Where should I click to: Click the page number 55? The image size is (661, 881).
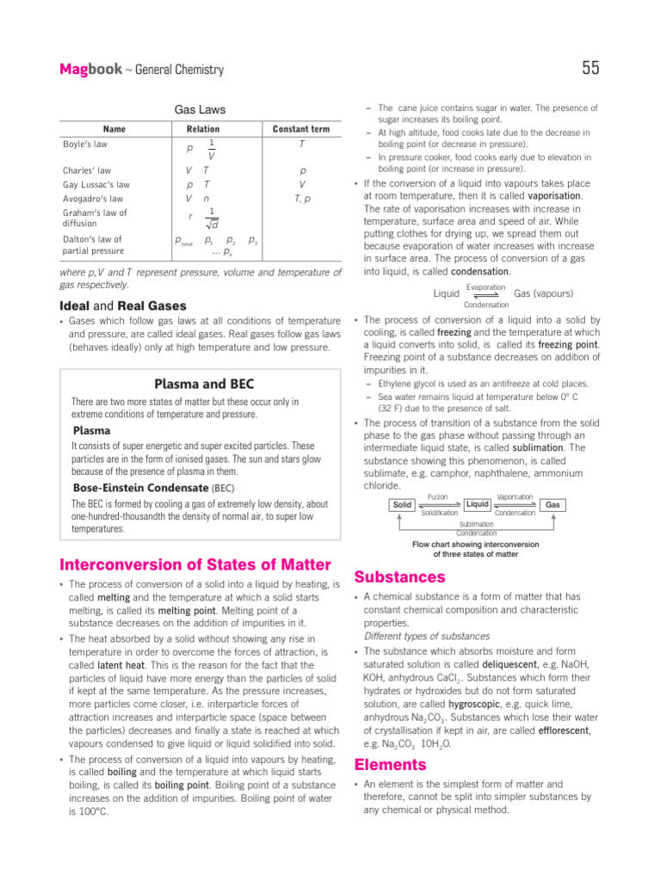pos(590,69)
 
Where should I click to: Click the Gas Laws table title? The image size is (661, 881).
pos(201,110)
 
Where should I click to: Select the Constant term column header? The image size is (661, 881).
pos(301,129)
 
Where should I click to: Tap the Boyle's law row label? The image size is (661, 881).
pos(84,145)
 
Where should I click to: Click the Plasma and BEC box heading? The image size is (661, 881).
pos(203,384)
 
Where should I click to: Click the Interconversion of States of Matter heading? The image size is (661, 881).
pos(195,564)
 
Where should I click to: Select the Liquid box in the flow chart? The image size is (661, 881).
pos(478,503)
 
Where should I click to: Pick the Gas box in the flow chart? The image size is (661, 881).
pos(553,505)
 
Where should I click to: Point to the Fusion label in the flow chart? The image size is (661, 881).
pos(437,497)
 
